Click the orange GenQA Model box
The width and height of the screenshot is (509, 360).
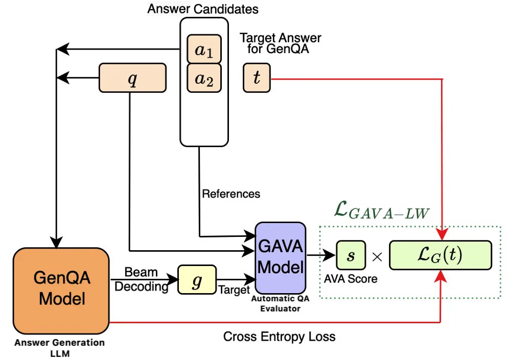pos(61,291)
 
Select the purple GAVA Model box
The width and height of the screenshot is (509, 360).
pos(281,258)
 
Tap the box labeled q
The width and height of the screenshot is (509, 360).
pos(132,78)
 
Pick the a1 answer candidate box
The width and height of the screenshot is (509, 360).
pos(204,49)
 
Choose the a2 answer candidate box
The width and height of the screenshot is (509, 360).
pos(204,78)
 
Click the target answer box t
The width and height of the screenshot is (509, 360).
pos(257,78)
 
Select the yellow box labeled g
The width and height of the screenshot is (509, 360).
pos(197,279)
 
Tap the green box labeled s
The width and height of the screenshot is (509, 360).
pos(351,255)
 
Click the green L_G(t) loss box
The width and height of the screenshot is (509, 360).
pos(441,255)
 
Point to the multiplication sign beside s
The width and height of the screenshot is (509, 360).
pos(377,257)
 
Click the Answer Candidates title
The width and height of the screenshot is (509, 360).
pos(203,9)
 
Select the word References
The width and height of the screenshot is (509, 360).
pos(231,194)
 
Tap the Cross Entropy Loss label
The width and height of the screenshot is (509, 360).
pos(279,337)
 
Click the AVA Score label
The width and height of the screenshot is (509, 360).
pos(351,279)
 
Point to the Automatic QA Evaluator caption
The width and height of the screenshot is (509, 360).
pos(281,303)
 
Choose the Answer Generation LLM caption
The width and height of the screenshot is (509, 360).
pos(60,348)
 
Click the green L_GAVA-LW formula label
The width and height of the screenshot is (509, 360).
pos(382,210)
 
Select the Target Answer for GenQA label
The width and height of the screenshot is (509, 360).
pos(281,43)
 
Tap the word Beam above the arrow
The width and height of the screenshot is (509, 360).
pos(141,272)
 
